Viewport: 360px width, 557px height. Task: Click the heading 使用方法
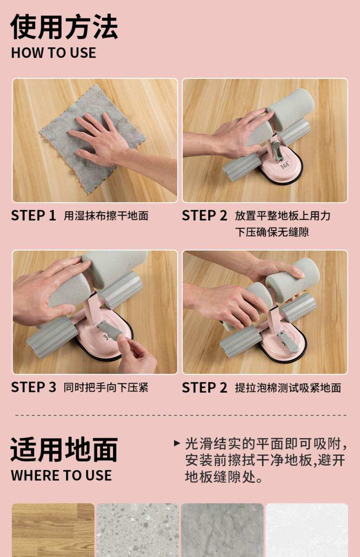tap(64, 27)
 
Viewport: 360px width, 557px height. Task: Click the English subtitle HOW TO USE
tap(54, 53)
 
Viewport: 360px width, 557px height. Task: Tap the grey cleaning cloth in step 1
tap(93, 139)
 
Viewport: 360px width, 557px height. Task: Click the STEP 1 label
tap(33, 216)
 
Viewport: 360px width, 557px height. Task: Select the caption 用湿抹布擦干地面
tap(106, 216)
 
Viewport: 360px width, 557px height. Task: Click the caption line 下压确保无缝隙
tap(272, 232)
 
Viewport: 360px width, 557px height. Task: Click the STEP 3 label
tap(33, 387)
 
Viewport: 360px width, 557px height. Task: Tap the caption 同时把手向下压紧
tap(106, 387)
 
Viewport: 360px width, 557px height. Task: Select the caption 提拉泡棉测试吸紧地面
tap(288, 388)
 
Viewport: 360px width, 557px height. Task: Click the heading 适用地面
tap(64, 449)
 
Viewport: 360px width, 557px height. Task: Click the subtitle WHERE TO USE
tap(62, 476)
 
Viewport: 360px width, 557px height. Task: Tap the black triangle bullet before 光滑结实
tap(177, 443)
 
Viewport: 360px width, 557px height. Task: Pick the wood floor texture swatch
tap(53, 530)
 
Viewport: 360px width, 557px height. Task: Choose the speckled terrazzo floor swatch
tap(138, 530)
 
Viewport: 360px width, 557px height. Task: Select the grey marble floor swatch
tap(222, 530)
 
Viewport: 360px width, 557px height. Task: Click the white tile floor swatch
tap(307, 530)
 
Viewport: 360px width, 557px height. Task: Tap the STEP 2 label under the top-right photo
tap(204, 216)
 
